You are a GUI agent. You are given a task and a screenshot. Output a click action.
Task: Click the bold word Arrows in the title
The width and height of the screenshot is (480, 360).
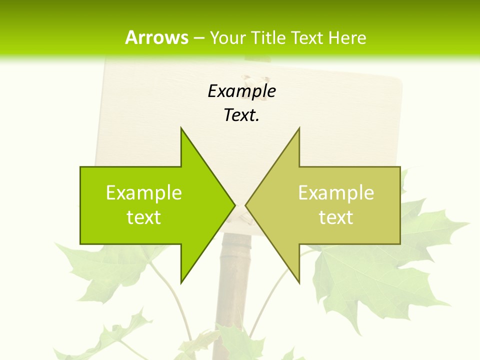(156, 37)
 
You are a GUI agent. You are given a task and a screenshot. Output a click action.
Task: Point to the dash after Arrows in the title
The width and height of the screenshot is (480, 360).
(198, 38)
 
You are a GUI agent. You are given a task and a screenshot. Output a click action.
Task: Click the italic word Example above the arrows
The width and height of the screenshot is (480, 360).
(242, 91)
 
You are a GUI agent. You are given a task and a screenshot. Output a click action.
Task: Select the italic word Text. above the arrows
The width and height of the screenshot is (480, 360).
(242, 115)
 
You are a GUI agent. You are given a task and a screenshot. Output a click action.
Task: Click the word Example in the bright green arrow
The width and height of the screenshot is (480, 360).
(144, 192)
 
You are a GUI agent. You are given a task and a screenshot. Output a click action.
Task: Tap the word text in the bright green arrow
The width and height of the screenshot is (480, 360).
(144, 217)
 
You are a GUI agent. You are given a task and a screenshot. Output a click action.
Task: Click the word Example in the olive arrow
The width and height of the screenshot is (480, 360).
(336, 192)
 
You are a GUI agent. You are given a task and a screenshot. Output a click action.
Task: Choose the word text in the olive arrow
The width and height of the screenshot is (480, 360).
(336, 217)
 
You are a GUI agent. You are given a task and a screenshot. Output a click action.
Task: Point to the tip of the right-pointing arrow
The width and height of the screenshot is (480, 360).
(234, 205)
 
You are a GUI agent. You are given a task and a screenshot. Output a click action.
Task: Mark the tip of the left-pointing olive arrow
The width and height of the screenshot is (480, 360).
(246, 205)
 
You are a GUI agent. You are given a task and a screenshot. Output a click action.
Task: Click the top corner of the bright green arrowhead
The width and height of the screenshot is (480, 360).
(181, 128)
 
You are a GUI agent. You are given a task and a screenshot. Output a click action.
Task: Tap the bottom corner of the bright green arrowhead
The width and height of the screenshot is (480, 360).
(181, 282)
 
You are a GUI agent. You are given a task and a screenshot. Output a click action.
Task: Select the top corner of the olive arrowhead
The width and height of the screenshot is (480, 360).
(299, 128)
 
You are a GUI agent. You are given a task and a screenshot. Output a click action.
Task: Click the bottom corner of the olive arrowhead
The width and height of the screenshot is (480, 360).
(299, 282)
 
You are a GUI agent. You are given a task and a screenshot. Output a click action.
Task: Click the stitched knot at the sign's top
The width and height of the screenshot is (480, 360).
(249, 80)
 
